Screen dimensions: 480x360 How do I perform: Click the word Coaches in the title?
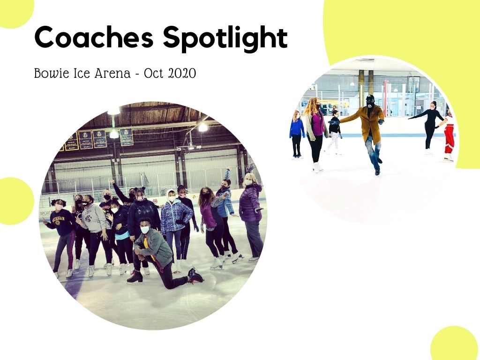click(x=94, y=37)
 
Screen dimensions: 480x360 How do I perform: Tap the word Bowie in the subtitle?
click(x=52, y=74)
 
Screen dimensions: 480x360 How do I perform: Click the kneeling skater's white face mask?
click(x=145, y=230)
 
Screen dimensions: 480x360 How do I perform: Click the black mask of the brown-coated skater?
click(x=370, y=104)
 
